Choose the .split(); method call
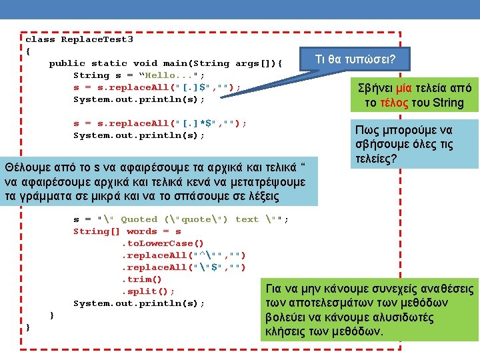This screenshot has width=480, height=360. (x=147, y=291)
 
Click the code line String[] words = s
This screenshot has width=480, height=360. (x=127, y=231)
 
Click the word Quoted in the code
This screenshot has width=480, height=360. (x=139, y=219)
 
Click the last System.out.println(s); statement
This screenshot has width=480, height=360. (x=139, y=303)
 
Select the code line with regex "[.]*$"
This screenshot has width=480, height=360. (x=160, y=123)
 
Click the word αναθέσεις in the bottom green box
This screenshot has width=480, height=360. (x=444, y=289)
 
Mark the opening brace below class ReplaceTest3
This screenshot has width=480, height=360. (x=28, y=51)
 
